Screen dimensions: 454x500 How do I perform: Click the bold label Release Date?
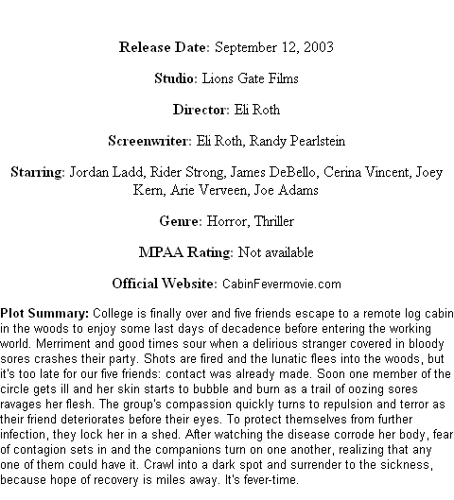coord(165,47)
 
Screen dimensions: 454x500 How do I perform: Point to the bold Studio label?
coord(174,78)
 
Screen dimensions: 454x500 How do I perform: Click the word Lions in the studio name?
coord(218,78)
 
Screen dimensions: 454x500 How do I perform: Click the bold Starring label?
coord(38,173)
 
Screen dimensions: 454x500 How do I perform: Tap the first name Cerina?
coord(341,172)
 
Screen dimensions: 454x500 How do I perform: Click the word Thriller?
coord(274,221)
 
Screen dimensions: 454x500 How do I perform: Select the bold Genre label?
coord(181,221)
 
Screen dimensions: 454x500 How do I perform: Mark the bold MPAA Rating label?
coord(186,252)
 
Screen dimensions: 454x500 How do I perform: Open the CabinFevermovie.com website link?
coord(282,284)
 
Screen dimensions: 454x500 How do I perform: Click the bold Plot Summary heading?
coord(44,314)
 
